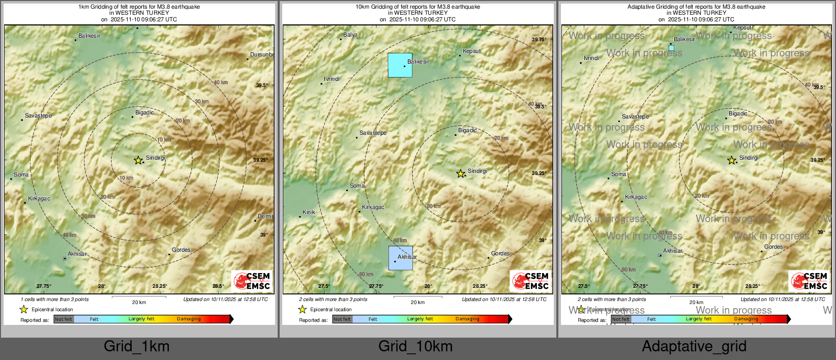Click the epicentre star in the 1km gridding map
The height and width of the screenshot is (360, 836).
pos(138,160)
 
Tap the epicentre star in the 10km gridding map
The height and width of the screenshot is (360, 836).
pos(461,174)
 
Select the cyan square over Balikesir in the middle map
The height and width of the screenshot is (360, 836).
pos(400,65)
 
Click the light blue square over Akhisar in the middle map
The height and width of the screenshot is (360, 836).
pos(401,258)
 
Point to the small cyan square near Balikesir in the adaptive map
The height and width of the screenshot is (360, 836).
pos(671,48)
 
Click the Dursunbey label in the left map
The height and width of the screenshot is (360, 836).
pos(262,54)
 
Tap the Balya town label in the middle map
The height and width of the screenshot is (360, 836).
pos(350,35)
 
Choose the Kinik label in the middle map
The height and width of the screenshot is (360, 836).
pos(309,212)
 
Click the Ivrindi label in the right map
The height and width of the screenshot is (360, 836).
pos(591,58)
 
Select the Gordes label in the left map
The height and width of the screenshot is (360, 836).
pos(181,250)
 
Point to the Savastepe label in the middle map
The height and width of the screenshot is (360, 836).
pos(373,133)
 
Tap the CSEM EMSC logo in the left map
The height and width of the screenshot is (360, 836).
pos(252,281)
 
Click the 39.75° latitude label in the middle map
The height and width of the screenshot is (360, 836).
pos(539,39)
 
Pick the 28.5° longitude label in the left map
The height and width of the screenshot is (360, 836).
pos(218,286)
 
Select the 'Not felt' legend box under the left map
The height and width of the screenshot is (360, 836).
pos(64,319)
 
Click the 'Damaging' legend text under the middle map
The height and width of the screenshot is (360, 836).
pos(467,319)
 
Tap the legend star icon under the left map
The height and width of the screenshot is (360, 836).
pos(24,309)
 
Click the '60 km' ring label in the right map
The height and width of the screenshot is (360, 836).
pos(629,269)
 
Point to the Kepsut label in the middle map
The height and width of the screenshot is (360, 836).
pos(471,51)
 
